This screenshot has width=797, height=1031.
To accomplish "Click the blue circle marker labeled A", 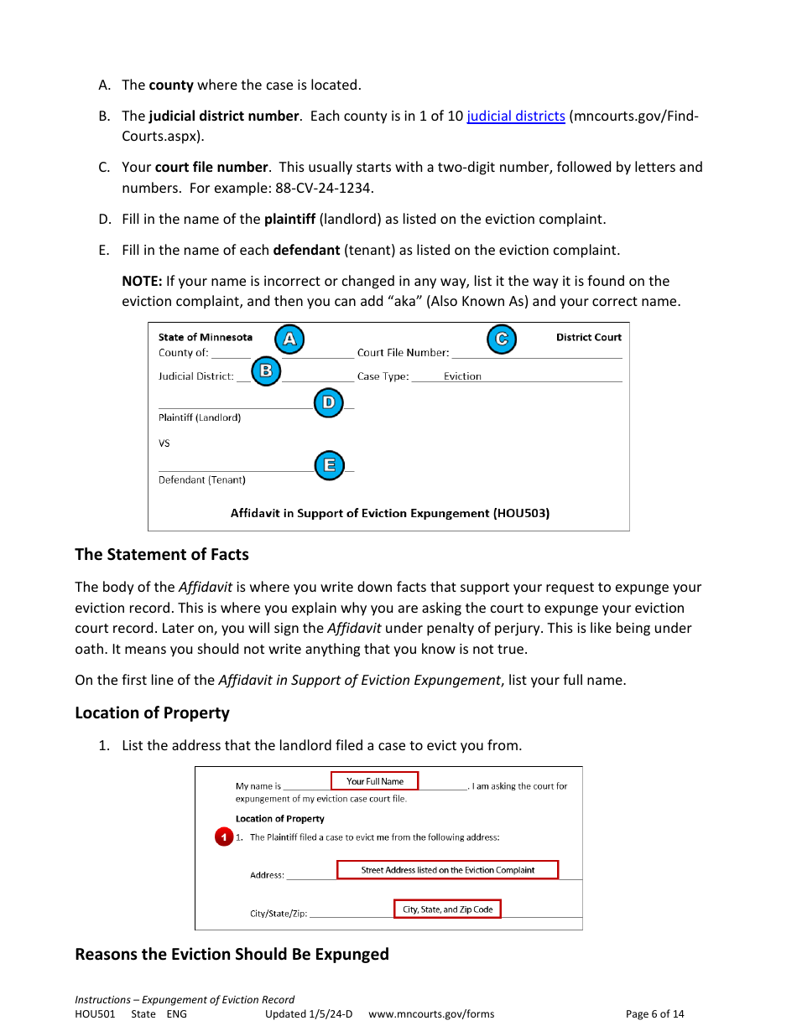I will click(x=289, y=339).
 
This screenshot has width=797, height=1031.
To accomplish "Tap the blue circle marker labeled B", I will click(x=266, y=370).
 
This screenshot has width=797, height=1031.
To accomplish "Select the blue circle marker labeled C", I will click(x=502, y=339).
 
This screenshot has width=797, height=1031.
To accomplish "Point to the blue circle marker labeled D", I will click(x=328, y=403).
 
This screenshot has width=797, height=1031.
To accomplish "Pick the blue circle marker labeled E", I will click(x=329, y=465).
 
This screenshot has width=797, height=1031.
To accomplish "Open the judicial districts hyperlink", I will click(x=516, y=116).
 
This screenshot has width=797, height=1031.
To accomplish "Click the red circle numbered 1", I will click(x=223, y=837).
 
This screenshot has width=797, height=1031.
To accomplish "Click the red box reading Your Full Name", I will click(x=374, y=781).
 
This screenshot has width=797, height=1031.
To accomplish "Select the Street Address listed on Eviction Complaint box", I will click(x=447, y=870).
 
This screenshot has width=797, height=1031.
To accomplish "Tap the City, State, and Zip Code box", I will click(x=447, y=909).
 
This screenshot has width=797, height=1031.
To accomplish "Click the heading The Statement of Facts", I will click(x=162, y=554).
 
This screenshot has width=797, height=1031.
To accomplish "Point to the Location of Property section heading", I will click(x=152, y=712).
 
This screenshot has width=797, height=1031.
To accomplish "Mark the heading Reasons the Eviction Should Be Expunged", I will click(x=232, y=954).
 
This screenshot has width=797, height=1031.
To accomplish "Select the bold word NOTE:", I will click(x=142, y=281).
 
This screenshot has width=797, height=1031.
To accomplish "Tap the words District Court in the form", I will click(x=589, y=337).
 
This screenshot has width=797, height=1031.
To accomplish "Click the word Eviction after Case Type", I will click(x=462, y=376).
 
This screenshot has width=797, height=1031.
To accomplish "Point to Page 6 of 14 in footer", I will click(x=654, y=1014).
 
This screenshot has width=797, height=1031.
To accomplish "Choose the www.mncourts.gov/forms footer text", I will click(x=431, y=1014).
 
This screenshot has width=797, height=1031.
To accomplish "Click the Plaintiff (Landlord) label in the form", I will click(x=200, y=417).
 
